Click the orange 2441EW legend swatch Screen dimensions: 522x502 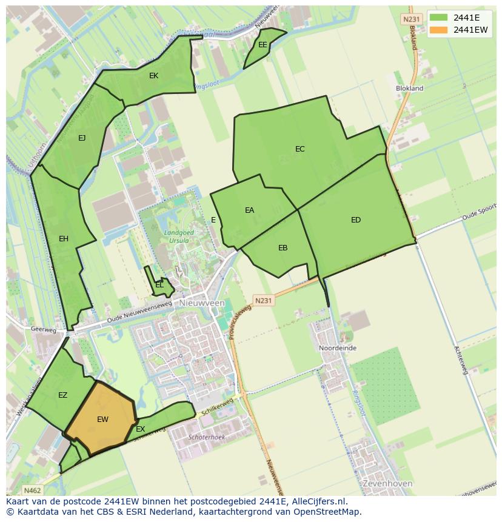click(439, 30)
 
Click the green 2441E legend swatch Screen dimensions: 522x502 click(439, 18)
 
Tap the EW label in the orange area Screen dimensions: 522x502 click(102, 419)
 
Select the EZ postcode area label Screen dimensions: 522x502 click(62, 395)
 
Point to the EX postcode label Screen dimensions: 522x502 click(140, 429)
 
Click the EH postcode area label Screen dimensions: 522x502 click(64, 239)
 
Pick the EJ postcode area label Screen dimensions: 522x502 click(82, 138)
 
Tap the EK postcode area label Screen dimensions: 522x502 click(153, 76)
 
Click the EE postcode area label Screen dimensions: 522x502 click(263, 45)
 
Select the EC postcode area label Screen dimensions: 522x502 click(300, 149)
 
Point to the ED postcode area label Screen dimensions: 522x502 click(356, 220)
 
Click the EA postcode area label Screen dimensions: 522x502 click(249, 210)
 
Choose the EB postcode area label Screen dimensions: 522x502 click(283, 247)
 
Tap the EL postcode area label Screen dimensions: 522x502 click(159, 284)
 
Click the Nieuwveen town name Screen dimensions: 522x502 click(202, 303)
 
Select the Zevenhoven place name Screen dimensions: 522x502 click(387, 484)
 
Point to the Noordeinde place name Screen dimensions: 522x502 click(338, 349)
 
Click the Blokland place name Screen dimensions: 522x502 click(409, 89)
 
